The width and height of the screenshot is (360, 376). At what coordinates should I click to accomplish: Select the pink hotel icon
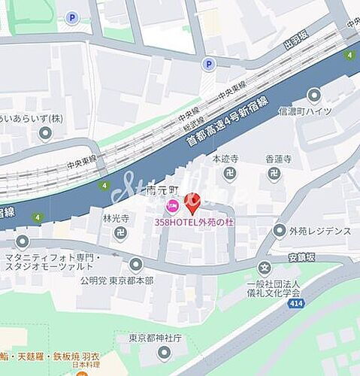172,204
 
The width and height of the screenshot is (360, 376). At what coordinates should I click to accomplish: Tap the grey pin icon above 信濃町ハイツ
313,96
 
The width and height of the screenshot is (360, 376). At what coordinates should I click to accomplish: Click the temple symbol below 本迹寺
228,176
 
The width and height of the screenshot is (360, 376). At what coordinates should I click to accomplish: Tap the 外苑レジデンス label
319,232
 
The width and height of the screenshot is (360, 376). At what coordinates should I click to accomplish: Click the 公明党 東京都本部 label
117,280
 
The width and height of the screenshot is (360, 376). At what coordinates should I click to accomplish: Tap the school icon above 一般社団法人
265,268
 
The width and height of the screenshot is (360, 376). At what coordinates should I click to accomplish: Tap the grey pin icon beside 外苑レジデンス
280,231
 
